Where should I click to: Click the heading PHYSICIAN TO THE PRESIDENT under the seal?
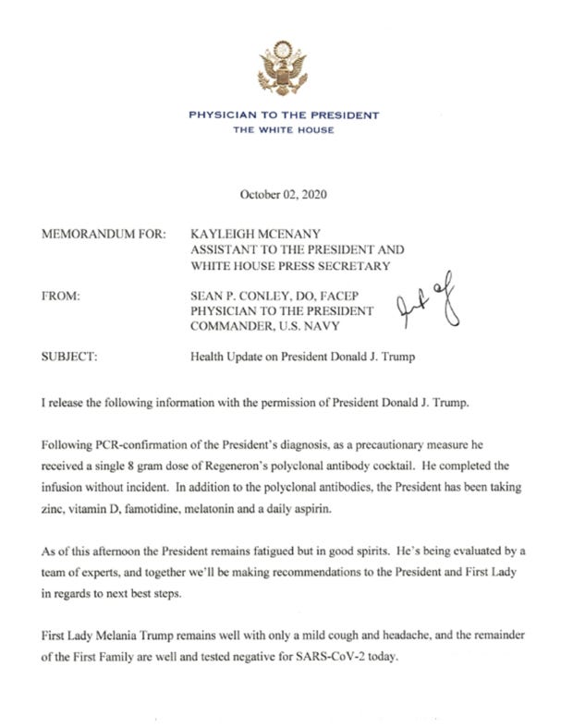pos(283,115)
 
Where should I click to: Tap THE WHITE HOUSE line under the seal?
pos(284,130)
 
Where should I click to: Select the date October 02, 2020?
pos(284,195)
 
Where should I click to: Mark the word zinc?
pos(55,500)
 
